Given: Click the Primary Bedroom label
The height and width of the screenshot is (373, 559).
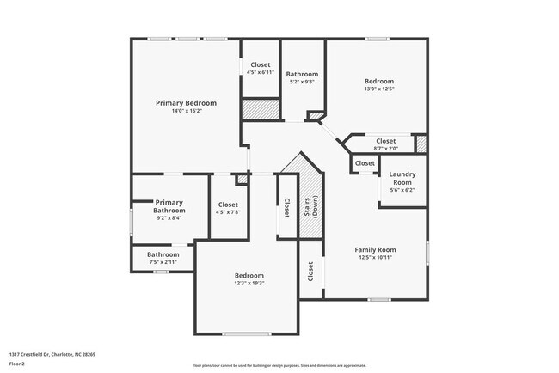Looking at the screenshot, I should click(x=186, y=102).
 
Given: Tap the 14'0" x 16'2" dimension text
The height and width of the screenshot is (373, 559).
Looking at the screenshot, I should click(x=186, y=111).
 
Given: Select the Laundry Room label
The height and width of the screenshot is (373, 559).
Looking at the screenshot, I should click(x=402, y=178).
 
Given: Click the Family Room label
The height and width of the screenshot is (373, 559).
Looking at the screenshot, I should click(x=375, y=249).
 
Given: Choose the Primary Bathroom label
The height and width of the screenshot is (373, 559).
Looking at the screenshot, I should click(x=169, y=206).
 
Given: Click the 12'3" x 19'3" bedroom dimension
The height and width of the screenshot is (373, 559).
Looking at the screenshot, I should click(x=249, y=284).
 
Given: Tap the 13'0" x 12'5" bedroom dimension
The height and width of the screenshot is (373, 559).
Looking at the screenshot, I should click(x=379, y=89).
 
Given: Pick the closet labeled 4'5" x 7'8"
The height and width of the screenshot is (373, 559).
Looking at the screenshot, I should click(x=229, y=209).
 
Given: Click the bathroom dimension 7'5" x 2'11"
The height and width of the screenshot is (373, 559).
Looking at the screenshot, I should click(x=163, y=262).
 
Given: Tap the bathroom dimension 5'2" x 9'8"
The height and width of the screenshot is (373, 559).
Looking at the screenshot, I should click(x=303, y=82).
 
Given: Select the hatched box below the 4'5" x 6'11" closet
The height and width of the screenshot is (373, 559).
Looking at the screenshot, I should click(x=261, y=109).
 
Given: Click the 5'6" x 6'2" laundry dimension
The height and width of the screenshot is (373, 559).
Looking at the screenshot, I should click(x=402, y=190).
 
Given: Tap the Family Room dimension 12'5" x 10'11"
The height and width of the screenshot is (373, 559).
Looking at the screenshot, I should click(x=375, y=258).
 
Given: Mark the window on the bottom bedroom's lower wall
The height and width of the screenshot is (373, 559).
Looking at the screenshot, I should click(x=248, y=333).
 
